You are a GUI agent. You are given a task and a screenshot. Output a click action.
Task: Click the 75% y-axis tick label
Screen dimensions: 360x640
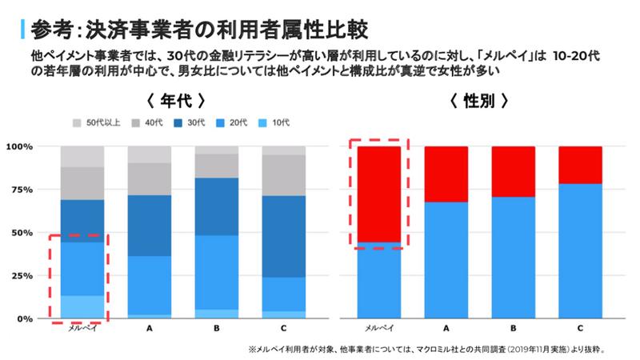[x=22, y=190]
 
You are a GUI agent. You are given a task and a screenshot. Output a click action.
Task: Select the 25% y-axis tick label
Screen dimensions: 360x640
[x=22, y=276]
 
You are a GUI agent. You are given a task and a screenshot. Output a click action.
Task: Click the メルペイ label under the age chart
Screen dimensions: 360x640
[x=82, y=329]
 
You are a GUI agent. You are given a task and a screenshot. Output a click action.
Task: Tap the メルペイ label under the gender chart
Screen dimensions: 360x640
[x=378, y=329]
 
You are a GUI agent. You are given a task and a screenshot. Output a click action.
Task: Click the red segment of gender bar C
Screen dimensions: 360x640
[x=580, y=165]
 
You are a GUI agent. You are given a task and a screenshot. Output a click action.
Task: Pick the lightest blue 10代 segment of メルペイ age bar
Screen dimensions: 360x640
[x=82, y=307]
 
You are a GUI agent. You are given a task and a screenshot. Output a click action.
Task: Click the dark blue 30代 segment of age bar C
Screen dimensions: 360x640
[x=283, y=236]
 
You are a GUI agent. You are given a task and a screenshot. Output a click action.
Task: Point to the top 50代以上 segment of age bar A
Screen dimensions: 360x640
[x=149, y=154]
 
